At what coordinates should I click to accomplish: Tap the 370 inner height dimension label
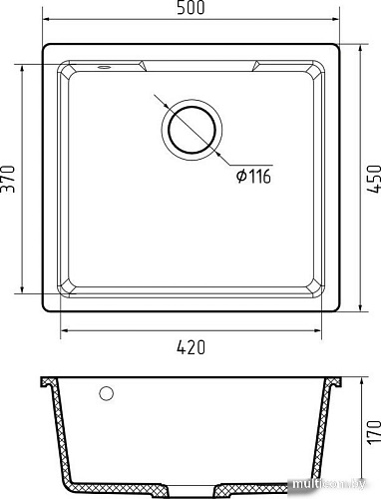[x=10, y=180]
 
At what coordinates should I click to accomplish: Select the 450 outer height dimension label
[x=373, y=178]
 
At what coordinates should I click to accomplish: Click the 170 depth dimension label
[x=373, y=433]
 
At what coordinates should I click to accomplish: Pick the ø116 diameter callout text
[x=254, y=177]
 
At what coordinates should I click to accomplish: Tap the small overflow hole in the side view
[x=106, y=392]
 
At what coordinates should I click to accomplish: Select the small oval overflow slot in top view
[x=103, y=69]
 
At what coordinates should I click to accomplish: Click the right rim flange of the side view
[x=340, y=382]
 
